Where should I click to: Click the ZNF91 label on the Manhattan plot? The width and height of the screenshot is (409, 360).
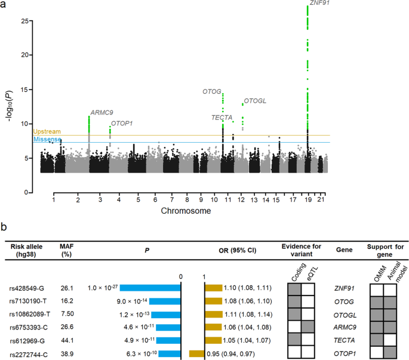coord(320,3)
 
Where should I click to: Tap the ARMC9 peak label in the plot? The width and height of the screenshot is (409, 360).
coord(100,112)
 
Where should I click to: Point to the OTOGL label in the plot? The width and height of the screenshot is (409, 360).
coord(255,101)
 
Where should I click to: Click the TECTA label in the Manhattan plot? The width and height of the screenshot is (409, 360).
coord(222,118)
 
